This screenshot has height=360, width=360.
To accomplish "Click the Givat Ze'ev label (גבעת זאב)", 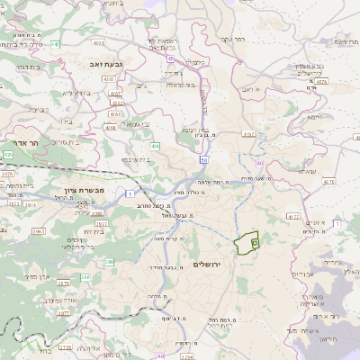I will (105, 65).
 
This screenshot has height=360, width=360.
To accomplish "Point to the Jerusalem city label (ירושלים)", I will (206, 263).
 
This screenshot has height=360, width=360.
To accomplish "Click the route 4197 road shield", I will (249, 134).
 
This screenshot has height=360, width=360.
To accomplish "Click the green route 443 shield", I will (56, 43).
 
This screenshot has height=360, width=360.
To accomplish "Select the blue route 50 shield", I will (204, 160).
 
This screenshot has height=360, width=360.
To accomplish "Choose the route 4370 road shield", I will (328, 181).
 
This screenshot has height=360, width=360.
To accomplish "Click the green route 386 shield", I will (109, 262).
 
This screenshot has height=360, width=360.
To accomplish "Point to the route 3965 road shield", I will (39, 231).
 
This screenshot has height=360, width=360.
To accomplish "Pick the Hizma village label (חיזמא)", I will (313, 117).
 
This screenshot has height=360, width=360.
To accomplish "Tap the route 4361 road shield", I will (116, 103).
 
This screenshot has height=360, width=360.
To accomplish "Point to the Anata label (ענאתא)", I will (308, 171).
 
